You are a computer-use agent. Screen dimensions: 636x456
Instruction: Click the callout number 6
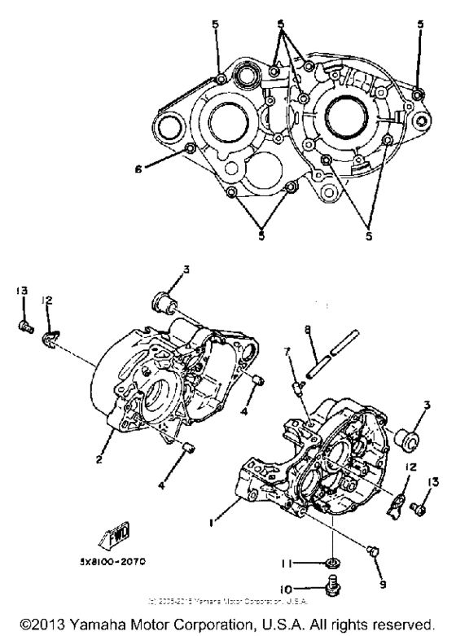(x=139, y=170)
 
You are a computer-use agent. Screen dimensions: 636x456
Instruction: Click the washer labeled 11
(x=334, y=562)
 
